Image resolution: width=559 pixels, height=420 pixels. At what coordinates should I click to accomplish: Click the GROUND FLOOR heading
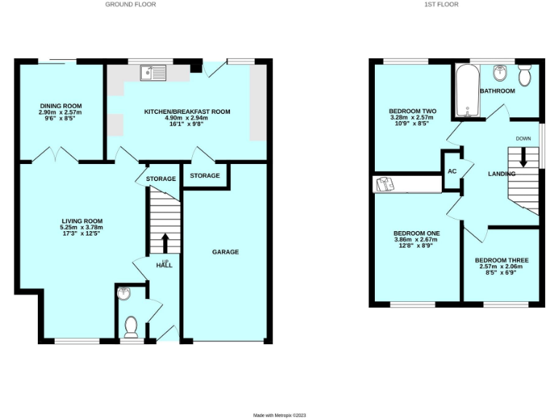[130, 4]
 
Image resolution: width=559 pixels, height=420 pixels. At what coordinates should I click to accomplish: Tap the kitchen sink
[154, 71]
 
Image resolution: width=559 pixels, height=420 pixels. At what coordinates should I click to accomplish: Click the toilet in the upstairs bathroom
[525, 76]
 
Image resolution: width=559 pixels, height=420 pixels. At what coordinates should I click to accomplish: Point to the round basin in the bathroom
[500, 73]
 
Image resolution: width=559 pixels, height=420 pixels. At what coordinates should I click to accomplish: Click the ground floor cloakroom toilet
[131, 325]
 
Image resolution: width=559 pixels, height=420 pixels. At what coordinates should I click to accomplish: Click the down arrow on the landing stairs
[522, 157]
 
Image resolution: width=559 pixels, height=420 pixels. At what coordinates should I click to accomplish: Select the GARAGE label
[225, 252]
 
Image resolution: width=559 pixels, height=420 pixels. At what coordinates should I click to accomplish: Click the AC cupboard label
[451, 171]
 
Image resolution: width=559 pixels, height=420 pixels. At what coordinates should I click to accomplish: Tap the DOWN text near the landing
[523, 139]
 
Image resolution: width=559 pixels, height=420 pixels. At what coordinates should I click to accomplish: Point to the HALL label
[164, 265]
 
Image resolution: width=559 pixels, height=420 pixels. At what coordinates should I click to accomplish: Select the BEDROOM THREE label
[501, 260]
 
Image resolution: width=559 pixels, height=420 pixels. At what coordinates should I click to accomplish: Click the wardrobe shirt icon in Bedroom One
[384, 184]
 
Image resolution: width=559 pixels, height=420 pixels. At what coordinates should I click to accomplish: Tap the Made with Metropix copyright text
[280, 415]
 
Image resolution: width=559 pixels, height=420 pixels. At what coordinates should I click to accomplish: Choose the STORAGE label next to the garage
[205, 176]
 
